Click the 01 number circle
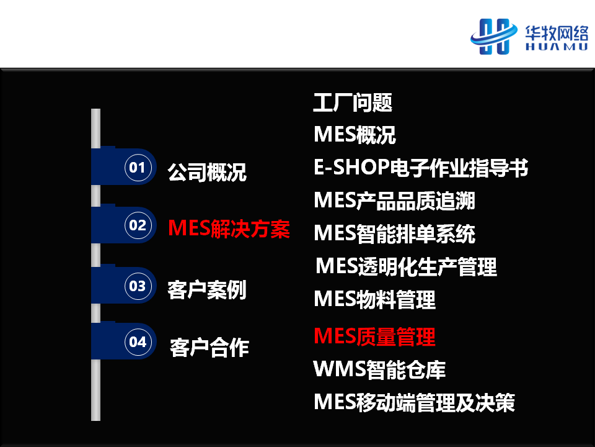click(x=138, y=167)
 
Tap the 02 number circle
click(x=138, y=225)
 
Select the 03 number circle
click(x=138, y=286)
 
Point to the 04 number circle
click(x=138, y=341)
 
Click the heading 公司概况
click(x=207, y=172)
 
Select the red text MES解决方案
click(x=229, y=228)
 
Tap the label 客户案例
click(x=207, y=290)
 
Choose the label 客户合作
click(x=209, y=348)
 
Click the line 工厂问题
click(x=353, y=102)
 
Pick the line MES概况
click(x=355, y=135)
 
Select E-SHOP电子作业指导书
click(x=421, y=167)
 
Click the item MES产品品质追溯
click(x=394, y=201)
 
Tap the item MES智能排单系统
click(x=394, y=233)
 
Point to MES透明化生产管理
click(x=406, y=266)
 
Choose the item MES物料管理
click(x=374, y=299)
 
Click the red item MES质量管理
click(x=374, y=336)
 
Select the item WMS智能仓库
click(x=379, y=369)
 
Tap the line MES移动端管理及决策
click(x=414, y=402)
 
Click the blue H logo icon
click(x=494, y=37)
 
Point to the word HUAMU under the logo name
click(x=557, y=47)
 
